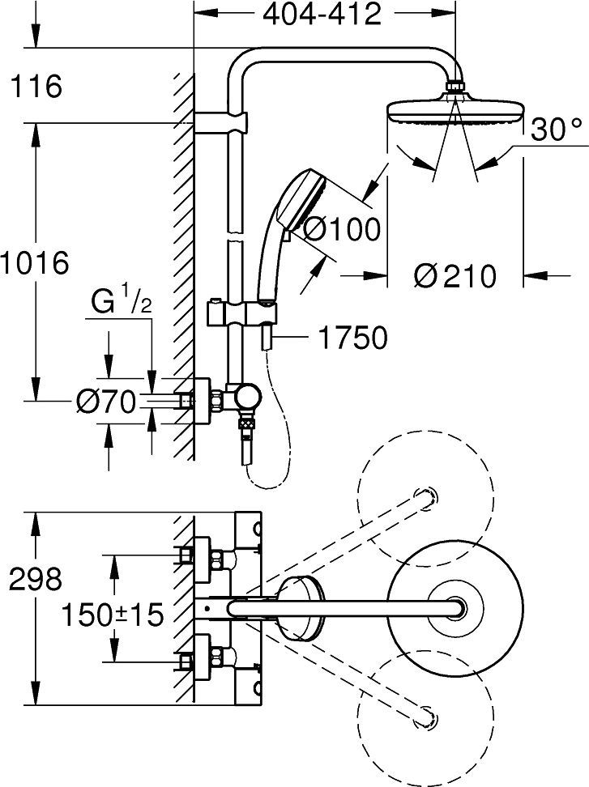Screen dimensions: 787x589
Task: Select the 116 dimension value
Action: (x=33, y=86)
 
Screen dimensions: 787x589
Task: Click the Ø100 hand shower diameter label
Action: (x=342, y=230)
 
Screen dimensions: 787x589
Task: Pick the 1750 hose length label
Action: (x=352, y=338)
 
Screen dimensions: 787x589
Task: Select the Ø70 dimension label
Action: (x=106, y=402)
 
